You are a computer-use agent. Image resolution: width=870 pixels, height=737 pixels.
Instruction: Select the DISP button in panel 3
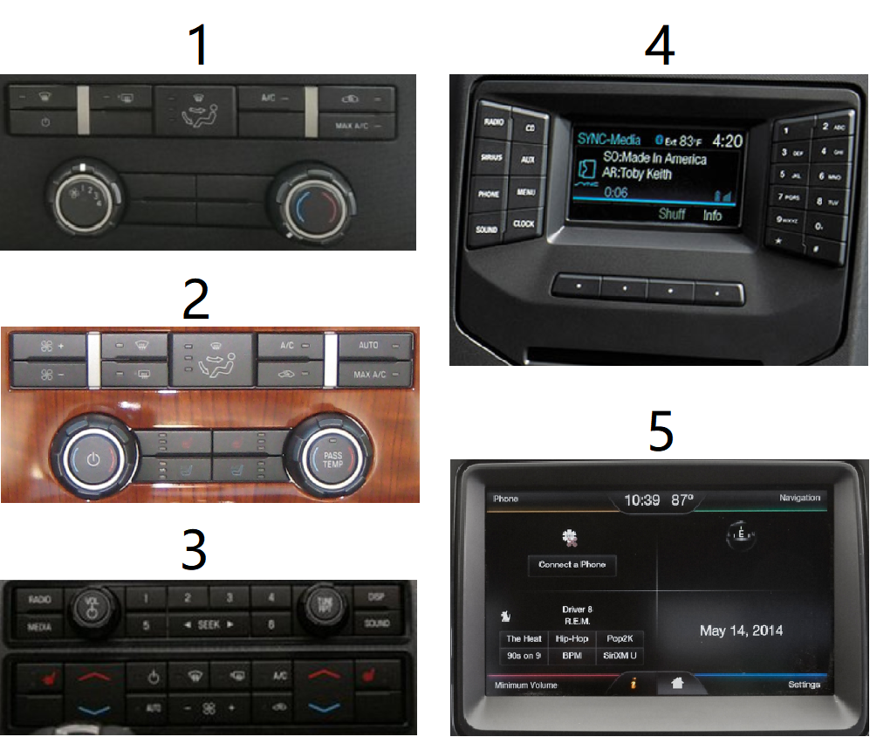point(377,599)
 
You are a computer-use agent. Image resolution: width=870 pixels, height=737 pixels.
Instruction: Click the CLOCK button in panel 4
point(524,224)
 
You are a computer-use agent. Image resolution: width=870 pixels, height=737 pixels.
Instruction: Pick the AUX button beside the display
point(527,160)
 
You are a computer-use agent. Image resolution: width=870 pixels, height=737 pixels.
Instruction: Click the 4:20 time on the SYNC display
point(727,140)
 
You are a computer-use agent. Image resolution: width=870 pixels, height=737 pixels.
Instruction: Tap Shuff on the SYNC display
point(672,214)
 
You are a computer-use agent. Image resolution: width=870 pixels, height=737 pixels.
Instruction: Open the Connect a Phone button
point(572,564)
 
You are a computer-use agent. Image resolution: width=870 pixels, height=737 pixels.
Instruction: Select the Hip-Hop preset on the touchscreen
point(572,639)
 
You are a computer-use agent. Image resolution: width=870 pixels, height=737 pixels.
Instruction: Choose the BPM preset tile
point(572,655)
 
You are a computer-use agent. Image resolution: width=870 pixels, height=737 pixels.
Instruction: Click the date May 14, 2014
point(741,630)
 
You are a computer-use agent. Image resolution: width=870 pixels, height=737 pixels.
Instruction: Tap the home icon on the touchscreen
point(675,685)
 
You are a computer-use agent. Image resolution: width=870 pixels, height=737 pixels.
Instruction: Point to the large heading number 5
point(661,430)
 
